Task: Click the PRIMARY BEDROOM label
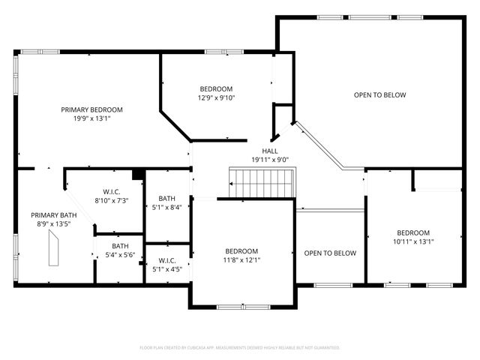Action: pos(91,109)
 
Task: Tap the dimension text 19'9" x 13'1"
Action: pos(91,118)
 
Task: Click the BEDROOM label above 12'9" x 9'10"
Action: pos(216,88)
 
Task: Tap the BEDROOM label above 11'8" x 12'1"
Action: pos(241,251)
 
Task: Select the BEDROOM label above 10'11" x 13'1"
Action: pos(413,232)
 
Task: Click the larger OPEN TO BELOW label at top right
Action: pos(380,95)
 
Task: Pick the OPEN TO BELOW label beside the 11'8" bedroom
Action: pos(330,253)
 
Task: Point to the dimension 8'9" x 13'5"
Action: pos(53,223)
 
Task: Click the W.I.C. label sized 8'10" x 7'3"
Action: pos(112,192)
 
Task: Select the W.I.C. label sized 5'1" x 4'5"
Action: pos(166,260)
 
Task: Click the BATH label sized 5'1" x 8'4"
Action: pos(166,199)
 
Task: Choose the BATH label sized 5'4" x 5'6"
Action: pos(120,246)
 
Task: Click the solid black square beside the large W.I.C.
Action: pos(137,175)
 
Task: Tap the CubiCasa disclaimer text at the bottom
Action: pos(240,347)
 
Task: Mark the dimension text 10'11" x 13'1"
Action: pos(413,241)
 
